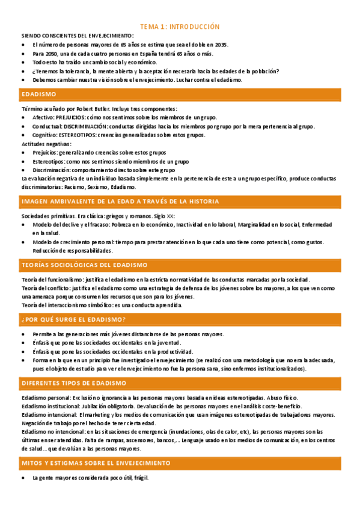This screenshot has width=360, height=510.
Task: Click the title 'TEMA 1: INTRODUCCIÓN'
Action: coord(180,27)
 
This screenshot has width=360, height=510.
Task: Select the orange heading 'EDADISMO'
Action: coord(38,94)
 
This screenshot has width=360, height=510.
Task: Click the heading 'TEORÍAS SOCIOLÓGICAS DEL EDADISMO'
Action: coord(84,265)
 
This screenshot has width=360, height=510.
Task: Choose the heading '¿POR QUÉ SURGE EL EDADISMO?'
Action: coord(73,319)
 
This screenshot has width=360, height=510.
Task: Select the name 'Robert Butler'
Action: coord(78,109)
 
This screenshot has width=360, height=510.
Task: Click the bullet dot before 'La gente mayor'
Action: coord(23,478)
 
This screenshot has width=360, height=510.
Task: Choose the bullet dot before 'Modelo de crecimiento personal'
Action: coord(23,242)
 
